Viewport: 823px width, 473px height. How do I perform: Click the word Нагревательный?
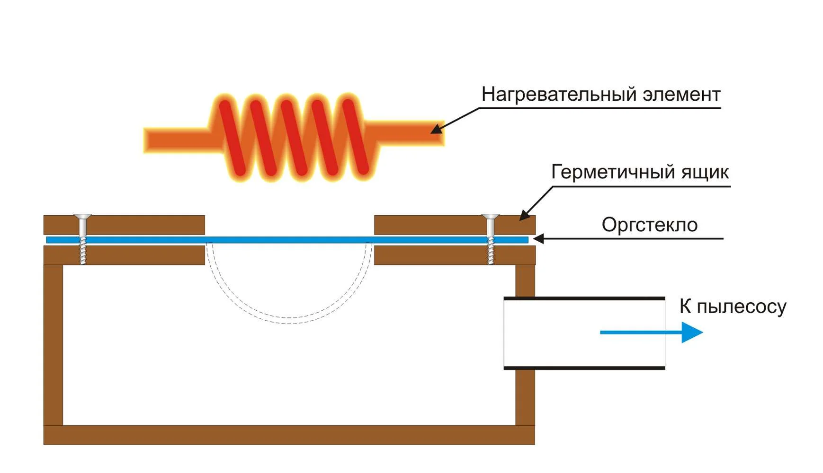[x=559, y=95]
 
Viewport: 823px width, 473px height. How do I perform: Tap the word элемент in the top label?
[x=681, y=95]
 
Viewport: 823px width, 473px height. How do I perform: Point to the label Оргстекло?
[x=649, y=225]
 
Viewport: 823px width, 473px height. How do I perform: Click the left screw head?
[x=82, y=217]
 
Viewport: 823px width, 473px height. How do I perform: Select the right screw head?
[x=490, y=217]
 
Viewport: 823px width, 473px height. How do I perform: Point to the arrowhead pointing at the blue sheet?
[x=538, y=239]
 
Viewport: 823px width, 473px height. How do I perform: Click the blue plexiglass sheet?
[x=289, y=240]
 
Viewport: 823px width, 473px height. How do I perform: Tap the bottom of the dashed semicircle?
[x=289, y=321]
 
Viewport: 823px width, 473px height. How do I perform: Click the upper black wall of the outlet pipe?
[x=584, y=298]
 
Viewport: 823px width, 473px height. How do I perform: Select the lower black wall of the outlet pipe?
[x=584, y=367]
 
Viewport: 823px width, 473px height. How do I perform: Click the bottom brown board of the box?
[x=289, y=435]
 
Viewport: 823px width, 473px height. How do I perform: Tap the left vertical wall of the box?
[x=53, y=345]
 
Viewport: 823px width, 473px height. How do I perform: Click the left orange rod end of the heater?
[x=161, y=140]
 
